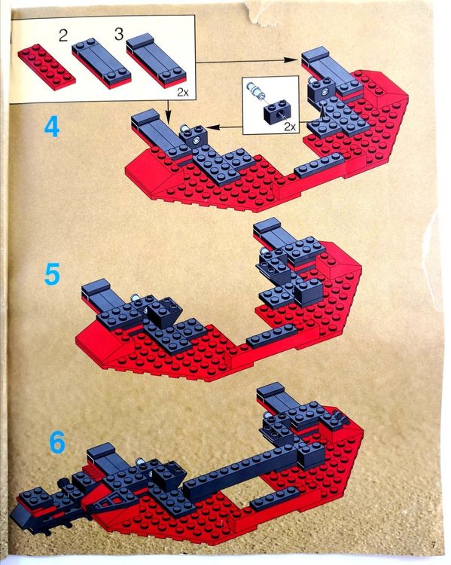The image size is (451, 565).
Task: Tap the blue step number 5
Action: pos(52,274)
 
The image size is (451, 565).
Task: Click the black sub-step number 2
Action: pos(63,36)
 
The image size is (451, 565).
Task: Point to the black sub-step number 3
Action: pos(119,34)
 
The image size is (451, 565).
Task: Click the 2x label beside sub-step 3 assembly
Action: pos(183,93)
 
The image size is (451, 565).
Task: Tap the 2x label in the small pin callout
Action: pos(290,127)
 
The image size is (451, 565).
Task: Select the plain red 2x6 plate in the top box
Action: pos(47,67)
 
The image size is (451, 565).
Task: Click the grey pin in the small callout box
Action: pos(255,90)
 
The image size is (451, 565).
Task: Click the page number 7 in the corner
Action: pos(433,545)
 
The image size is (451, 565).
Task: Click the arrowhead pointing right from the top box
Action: pos(290,60)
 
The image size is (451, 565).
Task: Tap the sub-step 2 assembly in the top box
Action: pos(102,64)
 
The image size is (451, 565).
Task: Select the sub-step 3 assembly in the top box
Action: pos(157,60)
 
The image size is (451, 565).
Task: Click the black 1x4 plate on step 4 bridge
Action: pos(318,165)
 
